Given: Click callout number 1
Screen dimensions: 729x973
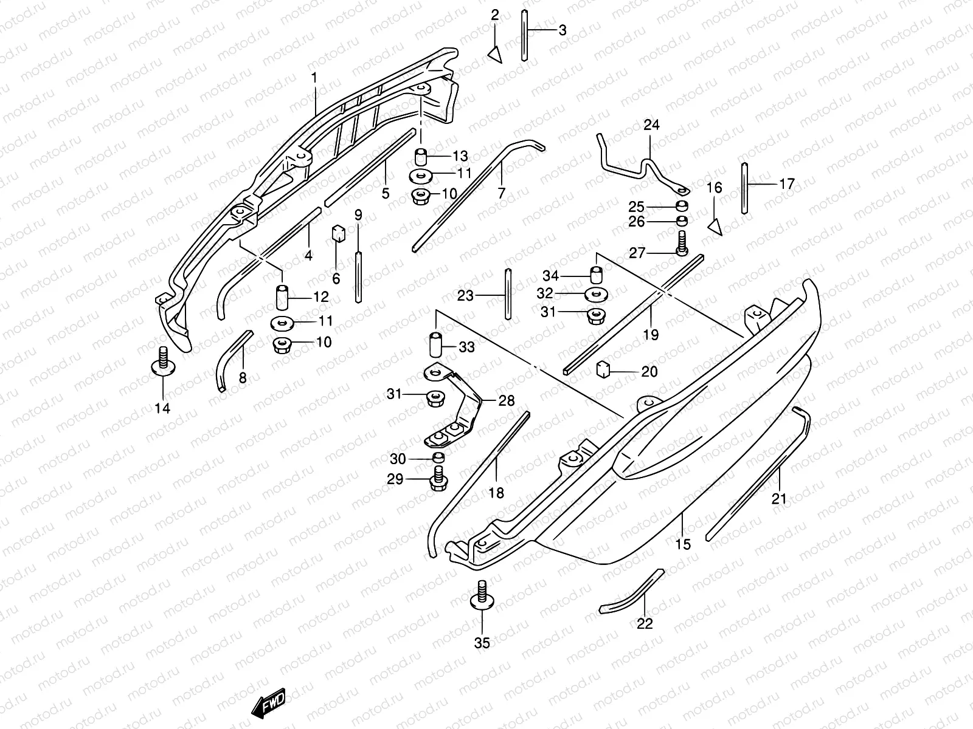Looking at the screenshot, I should [314, 78].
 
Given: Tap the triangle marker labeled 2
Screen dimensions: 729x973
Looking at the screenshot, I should [496, 54].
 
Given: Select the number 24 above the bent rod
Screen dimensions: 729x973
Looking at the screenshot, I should [651, 126].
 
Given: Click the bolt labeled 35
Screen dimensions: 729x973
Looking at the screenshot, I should [482, 596].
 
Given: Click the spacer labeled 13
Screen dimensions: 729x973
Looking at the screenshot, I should [421, 157].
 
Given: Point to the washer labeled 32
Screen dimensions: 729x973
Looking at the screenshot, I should [596, 295].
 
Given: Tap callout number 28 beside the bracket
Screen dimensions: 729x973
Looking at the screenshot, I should [506, 400].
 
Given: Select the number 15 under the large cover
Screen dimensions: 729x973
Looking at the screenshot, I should [683, 544].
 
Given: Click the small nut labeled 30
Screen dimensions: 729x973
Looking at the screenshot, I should [438, 457].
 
